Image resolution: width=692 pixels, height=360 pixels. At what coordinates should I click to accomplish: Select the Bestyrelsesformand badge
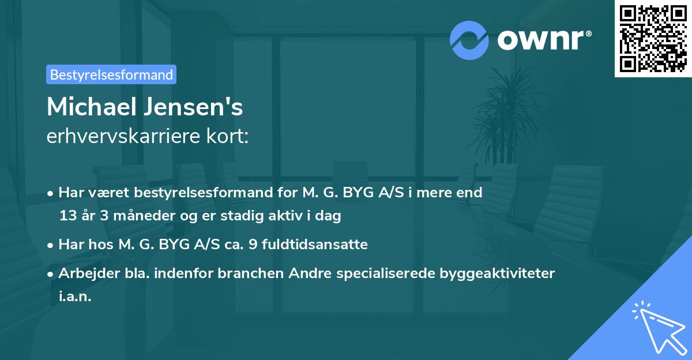coord(111,74)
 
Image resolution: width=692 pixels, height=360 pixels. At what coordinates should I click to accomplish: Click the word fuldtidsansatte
coord(314,245)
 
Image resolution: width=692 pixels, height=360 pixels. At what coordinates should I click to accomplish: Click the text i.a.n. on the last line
coord(75,297)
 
